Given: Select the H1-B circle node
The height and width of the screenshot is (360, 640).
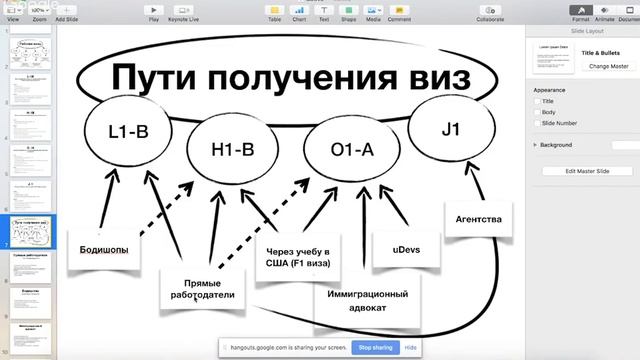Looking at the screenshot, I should click(234, 151).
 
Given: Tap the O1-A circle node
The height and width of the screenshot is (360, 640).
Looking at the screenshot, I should click(351, 150).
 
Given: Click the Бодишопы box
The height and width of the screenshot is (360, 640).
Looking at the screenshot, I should click(104, 249).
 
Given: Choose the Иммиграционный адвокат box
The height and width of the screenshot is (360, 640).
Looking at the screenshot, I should click(367, 301).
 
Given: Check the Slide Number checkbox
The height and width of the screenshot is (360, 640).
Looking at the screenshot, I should click(537, 123).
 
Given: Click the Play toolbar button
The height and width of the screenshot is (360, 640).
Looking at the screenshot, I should click(153, 12).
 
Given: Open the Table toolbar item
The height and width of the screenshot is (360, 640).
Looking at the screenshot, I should click(273, 12).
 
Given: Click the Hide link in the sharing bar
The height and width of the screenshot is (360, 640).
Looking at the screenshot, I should click(410, 347).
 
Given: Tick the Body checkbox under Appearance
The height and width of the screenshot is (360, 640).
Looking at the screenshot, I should click(537, 112).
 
